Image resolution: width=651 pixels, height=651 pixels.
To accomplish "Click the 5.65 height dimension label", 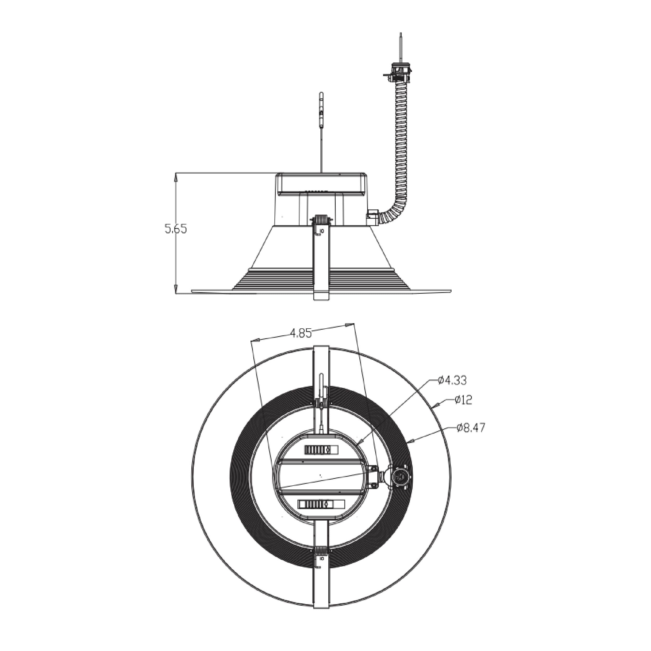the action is (x=176, y=229).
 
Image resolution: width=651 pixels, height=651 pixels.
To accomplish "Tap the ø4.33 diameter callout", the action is (x=452, y=380).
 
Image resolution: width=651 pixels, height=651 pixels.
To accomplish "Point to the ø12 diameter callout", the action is (x=463, y=400).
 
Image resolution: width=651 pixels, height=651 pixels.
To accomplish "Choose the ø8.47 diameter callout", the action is (x=471, y=428).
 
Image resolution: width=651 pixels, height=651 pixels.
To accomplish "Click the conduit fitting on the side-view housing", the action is (x=373, y=217).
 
